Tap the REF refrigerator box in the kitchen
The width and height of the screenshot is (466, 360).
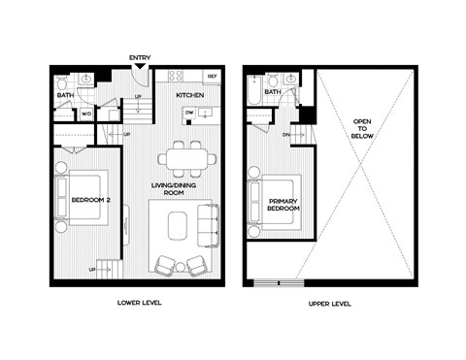click(212, 77)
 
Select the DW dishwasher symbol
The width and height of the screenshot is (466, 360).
click(190, 113)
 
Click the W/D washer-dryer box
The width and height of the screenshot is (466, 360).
click(85, 114)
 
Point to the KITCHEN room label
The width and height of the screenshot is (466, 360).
click(188, 96)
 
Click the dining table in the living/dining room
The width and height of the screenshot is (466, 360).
click(183, 158)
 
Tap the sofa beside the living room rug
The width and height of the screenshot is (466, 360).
click(207, 226)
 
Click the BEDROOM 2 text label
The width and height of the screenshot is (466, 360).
click(92, 201)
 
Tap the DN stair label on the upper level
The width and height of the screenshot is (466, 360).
click(285, 134)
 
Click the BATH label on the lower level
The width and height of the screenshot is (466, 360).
click(65, 95)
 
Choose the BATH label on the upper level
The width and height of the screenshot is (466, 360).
click(274, 93)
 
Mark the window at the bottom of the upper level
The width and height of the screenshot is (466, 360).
click(278, 283)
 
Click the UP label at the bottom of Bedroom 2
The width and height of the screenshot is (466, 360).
click(93, 269)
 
